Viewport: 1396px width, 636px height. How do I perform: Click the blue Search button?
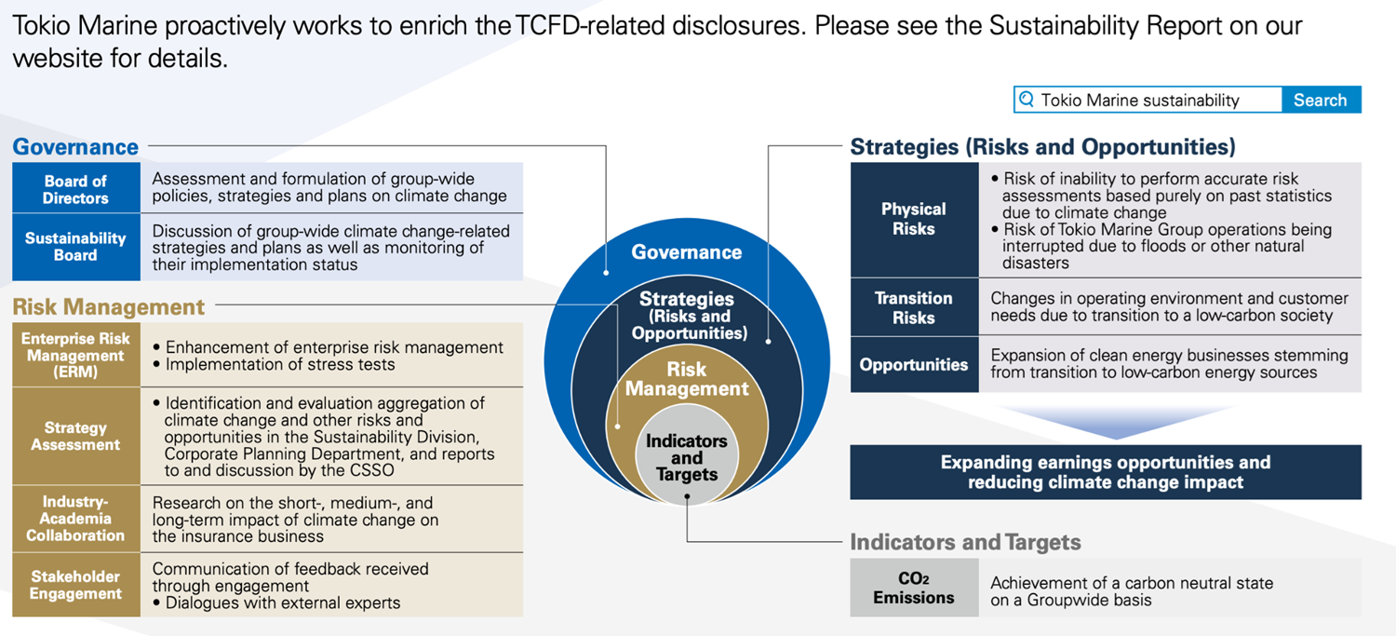click(x=1322, y=100)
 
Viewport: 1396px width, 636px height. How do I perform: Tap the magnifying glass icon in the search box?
click(x=1027, y=99)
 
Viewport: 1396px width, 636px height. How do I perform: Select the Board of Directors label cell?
click(x=76, y=188)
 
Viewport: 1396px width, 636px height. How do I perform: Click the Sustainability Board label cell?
click(x=76, y=247)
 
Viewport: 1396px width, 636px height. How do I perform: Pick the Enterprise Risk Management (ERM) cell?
click(x=76, y=355)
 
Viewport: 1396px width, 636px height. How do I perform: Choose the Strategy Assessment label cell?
click(x=76, y=436)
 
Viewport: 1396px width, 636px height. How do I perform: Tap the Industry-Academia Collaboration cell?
click(x=76, y=519)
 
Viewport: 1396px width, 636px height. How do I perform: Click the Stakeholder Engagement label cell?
click(x=76, y=585)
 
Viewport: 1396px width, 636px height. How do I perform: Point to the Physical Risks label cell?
click(x=914, y=220)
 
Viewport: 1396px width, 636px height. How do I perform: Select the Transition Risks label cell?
click(x=914, y=307)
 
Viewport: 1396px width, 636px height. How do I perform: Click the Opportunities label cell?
click(x=914, y=365)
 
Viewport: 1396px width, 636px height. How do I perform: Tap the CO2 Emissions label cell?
click(x=914, y=588)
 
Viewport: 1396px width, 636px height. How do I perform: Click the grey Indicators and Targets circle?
click(x=687, y=455)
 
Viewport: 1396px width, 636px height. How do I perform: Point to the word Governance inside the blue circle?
click(x=687, y=252)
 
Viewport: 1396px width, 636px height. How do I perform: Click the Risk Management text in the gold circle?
click(x=687, y=379)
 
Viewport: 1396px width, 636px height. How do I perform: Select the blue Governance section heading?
click(x=75, y=146)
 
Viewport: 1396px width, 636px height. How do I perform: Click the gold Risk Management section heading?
click(x=109, y=306)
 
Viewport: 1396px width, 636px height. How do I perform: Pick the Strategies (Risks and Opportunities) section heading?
click(x=1042, y=146)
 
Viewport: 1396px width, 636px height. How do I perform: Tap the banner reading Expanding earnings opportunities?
click(x=1106, y=472)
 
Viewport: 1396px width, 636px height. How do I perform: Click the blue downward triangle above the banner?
click(x=1116, y=419)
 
